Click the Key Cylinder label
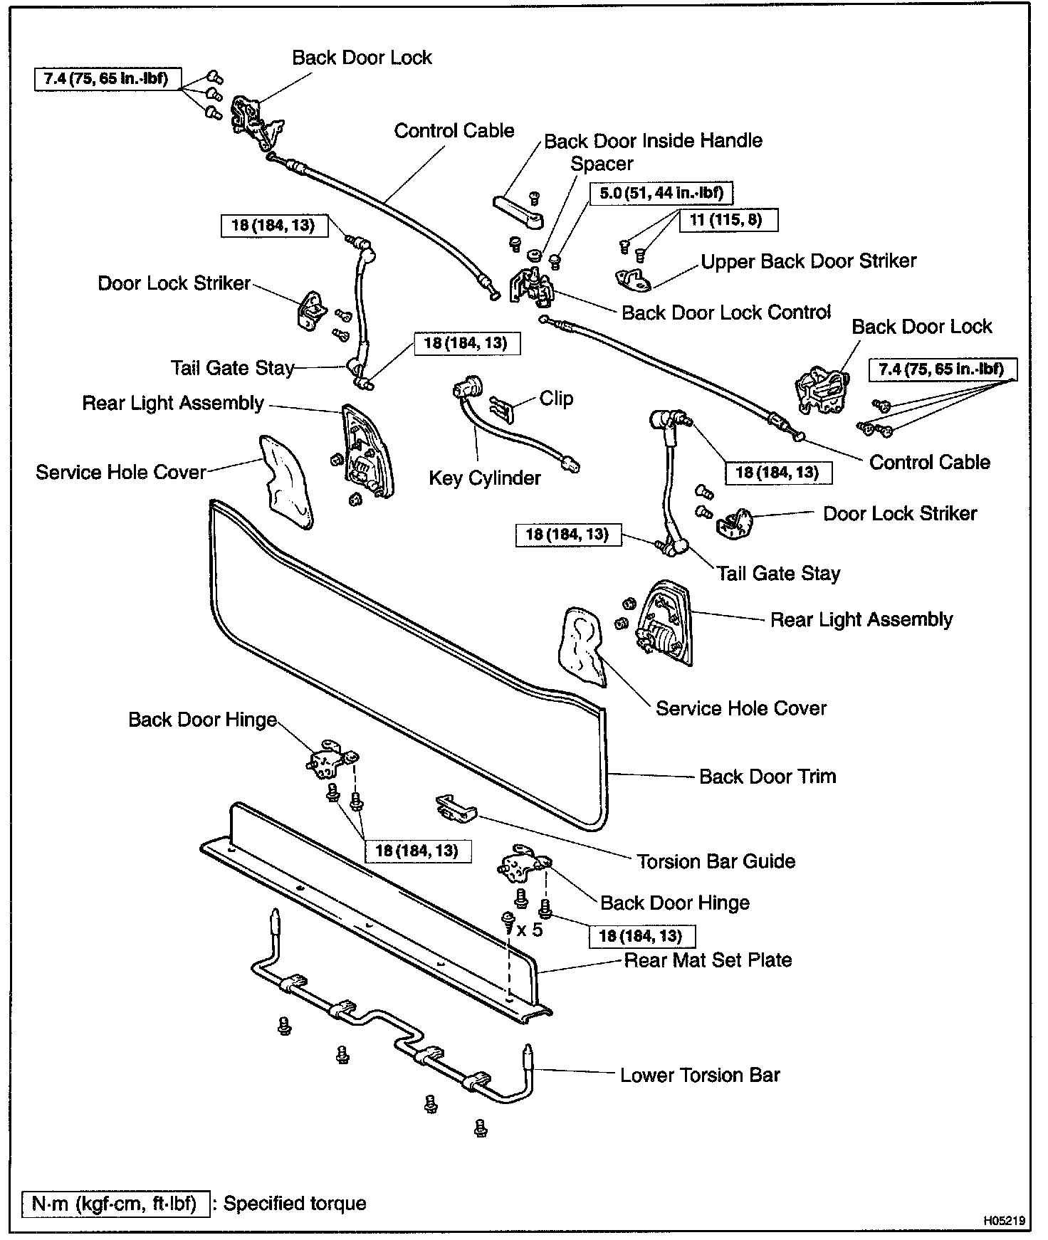click(x=484, y=478)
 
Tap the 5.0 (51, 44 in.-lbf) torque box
click(x=661, y=193)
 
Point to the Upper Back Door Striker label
click(x=808, y=261)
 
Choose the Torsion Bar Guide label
click(x=716, y=861)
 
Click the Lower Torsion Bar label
click(x=700, y=1075)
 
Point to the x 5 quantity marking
click(x=529, y=930)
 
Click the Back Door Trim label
click(x=767, y=776)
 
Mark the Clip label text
click(x=556, y=398)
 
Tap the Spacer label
click(x=602, y=164)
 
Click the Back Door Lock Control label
click(x=726, y=312)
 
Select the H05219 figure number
click(x=1004, y=1220)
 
